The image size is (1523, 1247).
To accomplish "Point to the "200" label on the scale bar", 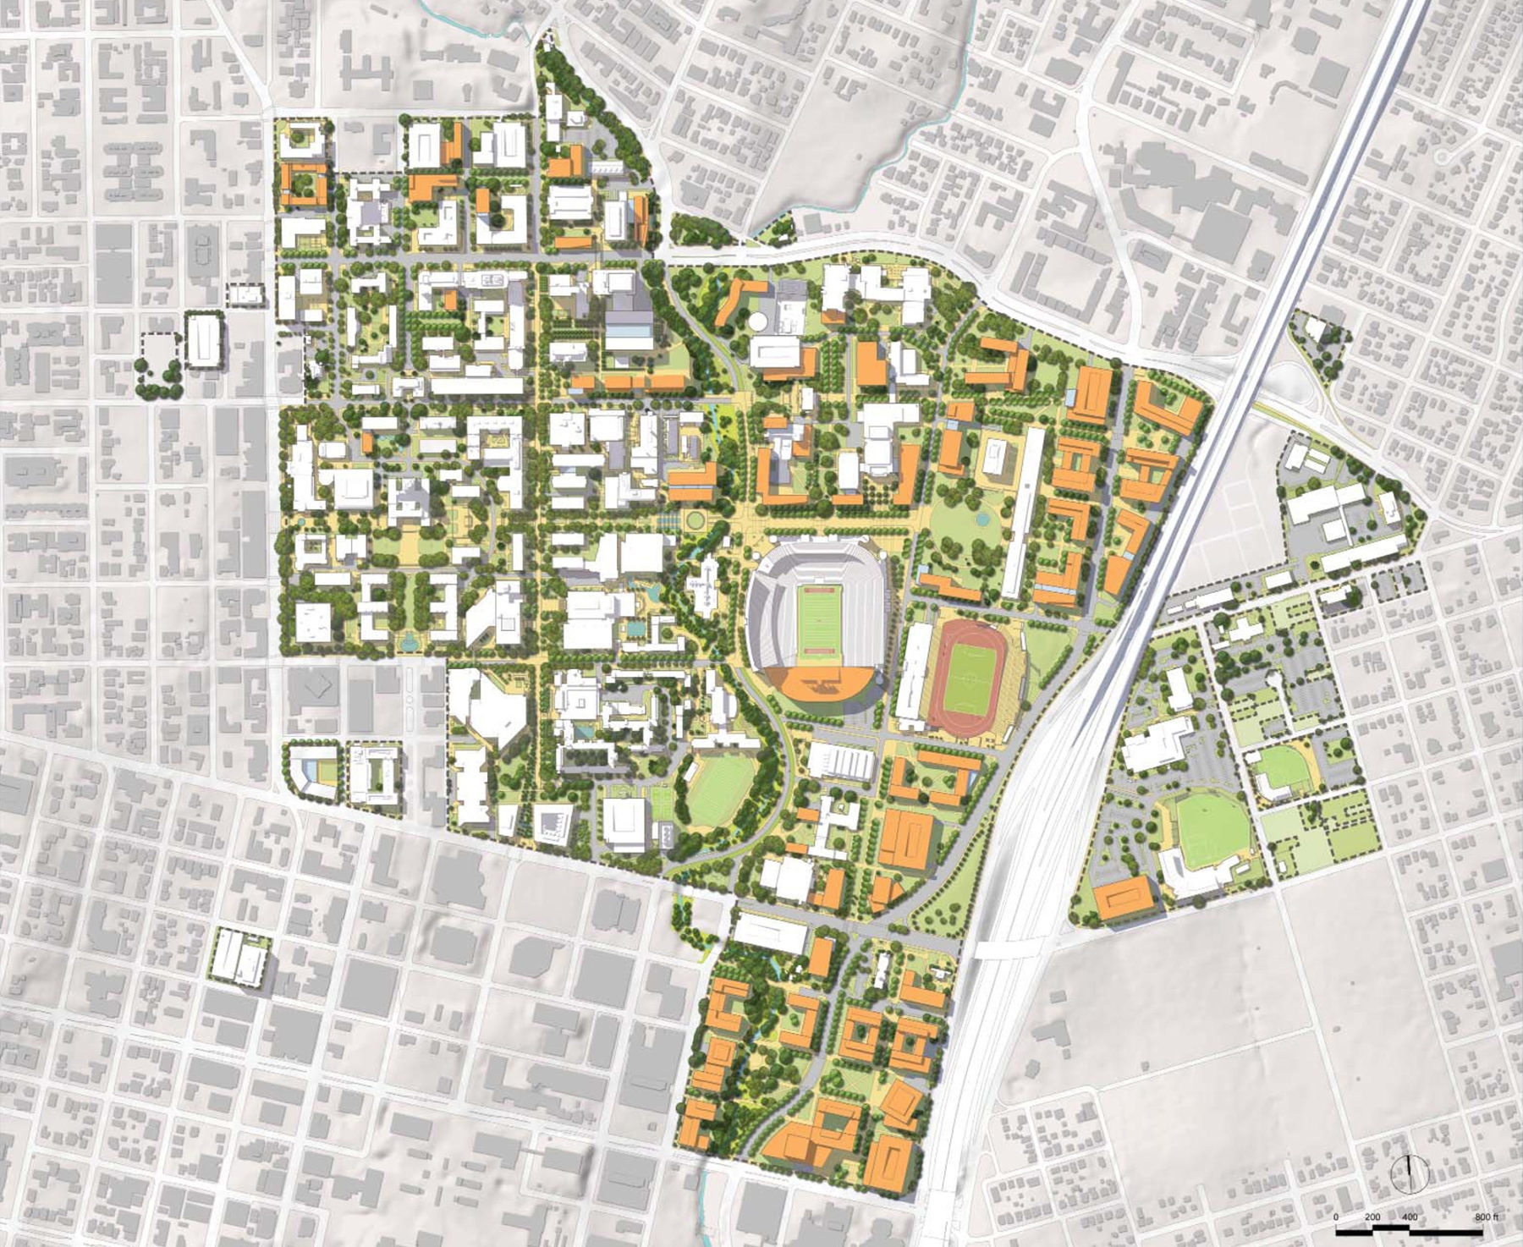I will [1372, 1217].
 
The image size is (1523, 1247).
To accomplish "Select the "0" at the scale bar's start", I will [1337, 1217].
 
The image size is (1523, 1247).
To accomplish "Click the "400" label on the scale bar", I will [1410, 1217].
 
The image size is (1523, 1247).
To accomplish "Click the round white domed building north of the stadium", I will [758, 321].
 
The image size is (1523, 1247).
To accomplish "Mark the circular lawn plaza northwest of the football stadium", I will [696, 519].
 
